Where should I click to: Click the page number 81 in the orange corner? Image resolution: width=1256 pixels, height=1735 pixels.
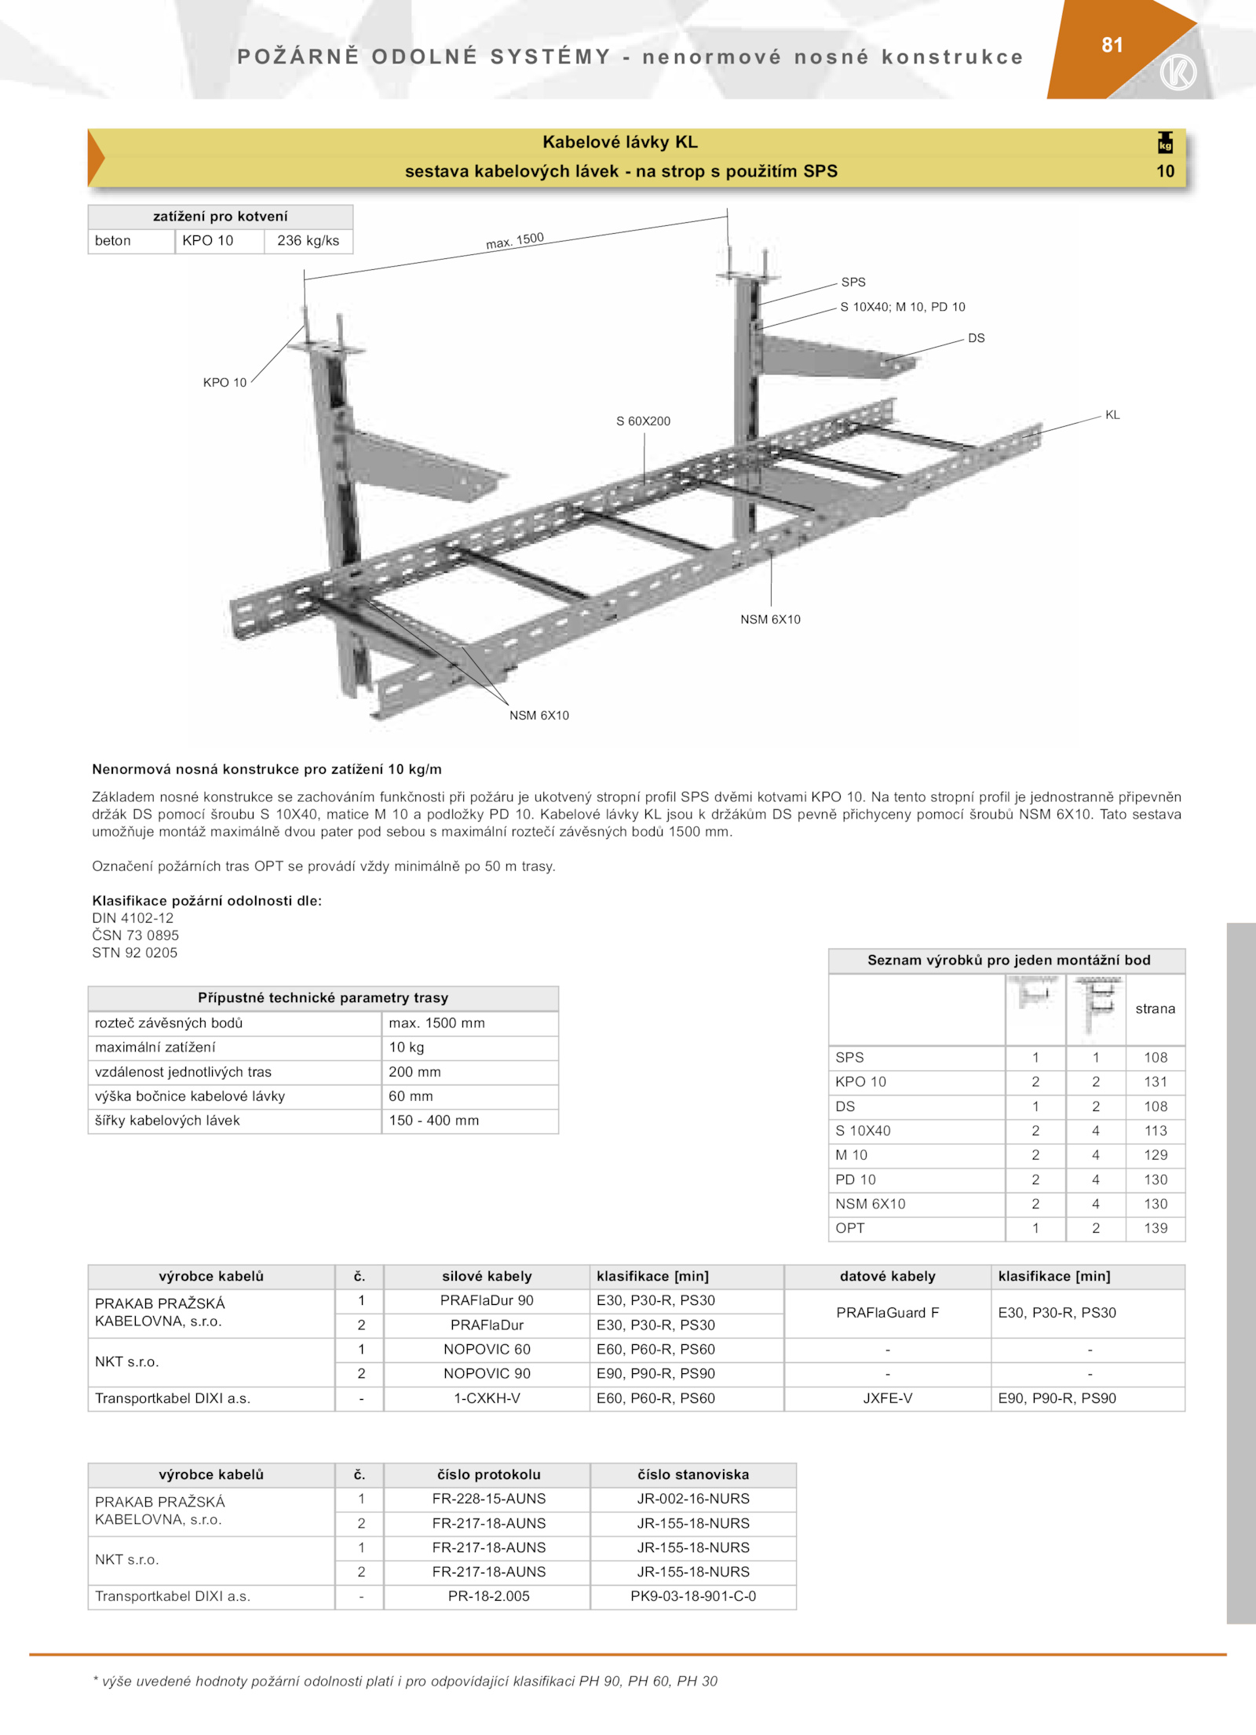tap(1112, 46)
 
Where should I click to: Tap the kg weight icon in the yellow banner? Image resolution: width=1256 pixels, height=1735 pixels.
tap(1165, 143)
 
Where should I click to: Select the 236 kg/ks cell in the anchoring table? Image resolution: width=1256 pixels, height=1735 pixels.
tap(308, 241)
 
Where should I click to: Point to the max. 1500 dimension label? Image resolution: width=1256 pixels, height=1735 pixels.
tap(515, 240)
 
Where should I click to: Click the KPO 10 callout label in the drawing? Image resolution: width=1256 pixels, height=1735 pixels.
tap(225, 383)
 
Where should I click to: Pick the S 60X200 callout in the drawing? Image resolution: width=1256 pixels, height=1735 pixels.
tap(643, 421)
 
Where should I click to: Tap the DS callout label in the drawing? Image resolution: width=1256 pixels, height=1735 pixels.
tap(976, 338)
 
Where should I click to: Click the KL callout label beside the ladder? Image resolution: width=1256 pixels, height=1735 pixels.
tap(1112, 415)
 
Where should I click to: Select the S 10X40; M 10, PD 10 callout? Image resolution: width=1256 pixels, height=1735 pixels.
tap(902, 307)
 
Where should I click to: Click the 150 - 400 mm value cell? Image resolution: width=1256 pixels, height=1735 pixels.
tap(433, 1121)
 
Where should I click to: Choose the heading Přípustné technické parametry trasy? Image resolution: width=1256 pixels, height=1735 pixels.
tap(323, 998)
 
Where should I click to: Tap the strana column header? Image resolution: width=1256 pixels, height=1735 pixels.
tap(1155, 1009)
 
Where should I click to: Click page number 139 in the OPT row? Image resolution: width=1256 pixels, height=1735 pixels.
tap(1155, 1228)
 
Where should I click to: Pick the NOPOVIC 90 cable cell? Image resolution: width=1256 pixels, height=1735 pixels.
tap(487, 1373)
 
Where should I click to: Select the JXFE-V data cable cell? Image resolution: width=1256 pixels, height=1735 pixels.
tap(887, 1398)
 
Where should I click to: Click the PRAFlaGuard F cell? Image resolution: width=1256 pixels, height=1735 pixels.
tap(887, 1313)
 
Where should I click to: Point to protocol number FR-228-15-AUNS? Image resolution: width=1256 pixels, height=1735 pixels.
tap(488, 1499)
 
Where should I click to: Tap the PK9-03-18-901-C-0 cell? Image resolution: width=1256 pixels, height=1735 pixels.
tap(693, 1596)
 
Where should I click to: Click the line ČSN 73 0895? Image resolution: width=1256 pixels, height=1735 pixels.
tap(136, 935)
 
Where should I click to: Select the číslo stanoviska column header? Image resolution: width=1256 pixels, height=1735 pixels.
tap(693, 1474)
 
